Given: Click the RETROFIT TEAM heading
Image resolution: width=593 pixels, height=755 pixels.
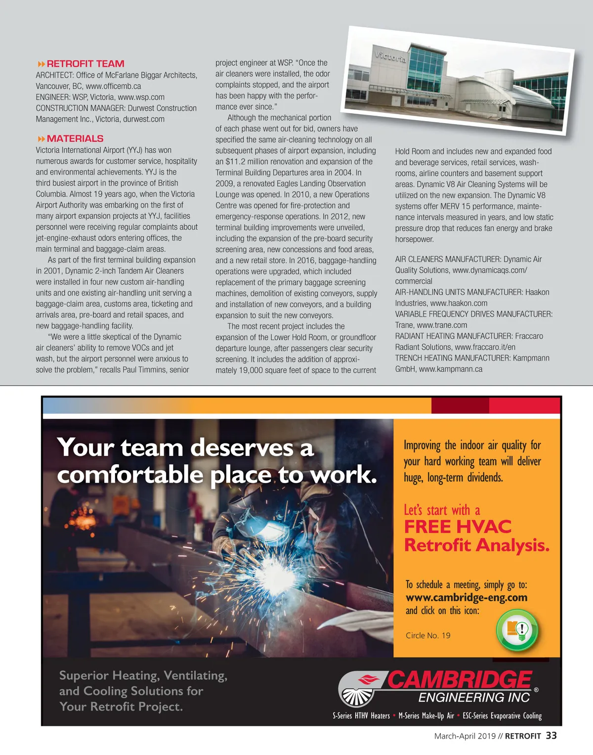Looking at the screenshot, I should (85, 64).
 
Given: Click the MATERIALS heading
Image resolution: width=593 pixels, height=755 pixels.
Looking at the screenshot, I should (75, 139).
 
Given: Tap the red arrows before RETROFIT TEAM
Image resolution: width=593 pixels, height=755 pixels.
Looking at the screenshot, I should (41, 64).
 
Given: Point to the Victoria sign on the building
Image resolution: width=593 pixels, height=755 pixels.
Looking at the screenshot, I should (390, 56).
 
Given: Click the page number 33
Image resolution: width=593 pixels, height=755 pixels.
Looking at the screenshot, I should (551, 736).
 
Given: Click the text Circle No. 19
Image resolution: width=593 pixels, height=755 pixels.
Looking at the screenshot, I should (428, 635).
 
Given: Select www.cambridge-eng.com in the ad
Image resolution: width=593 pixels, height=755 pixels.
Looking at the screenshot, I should (466, 597).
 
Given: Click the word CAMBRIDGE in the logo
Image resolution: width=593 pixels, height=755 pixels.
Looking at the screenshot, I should (460, 680).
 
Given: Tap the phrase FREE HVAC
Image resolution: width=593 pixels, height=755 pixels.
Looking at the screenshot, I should (458, 527).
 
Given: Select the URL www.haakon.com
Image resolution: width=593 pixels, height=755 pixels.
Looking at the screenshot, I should (459, 303).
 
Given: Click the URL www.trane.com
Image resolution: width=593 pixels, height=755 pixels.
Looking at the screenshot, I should (442, 325).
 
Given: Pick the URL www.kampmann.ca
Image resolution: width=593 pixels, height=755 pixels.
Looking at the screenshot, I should (451, 369).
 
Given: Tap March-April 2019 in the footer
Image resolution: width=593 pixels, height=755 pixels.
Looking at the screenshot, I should (465, 736).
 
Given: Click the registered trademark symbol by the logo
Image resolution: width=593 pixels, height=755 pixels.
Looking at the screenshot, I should (536, 690).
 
